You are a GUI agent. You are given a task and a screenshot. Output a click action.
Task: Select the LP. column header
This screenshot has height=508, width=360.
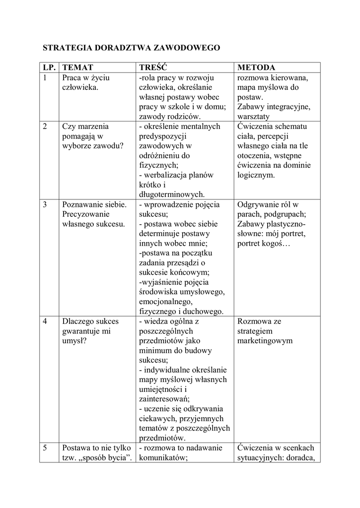point(49,67)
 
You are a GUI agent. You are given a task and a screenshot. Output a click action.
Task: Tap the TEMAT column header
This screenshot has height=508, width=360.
point(77,67)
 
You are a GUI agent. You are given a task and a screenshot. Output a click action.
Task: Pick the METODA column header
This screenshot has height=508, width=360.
point(256,67)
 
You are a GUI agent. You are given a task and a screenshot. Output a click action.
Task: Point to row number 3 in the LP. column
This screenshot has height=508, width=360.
point(45,204)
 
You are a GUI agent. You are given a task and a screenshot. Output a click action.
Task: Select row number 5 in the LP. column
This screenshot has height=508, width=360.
point(45,448)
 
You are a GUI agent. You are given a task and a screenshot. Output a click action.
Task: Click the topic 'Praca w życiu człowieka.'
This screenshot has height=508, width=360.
point(85,83)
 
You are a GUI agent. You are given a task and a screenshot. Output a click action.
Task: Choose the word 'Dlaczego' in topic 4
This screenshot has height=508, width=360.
point(77,321)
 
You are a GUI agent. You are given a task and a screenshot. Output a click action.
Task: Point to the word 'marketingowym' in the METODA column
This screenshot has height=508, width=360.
point(265,341)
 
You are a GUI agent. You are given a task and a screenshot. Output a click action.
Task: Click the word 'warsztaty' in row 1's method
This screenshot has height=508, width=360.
point(253,117)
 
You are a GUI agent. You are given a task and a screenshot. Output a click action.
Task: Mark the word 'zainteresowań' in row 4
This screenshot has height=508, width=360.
point(164,399)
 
